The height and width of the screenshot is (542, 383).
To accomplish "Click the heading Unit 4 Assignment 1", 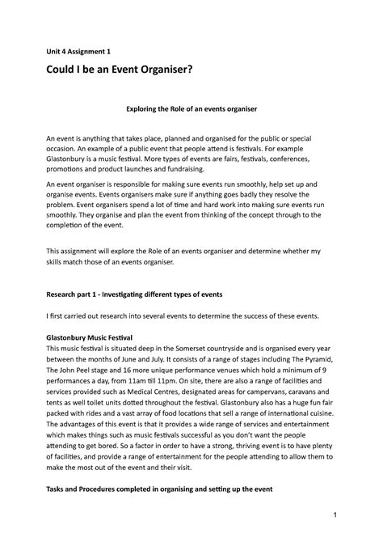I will (x=82, y=51).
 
